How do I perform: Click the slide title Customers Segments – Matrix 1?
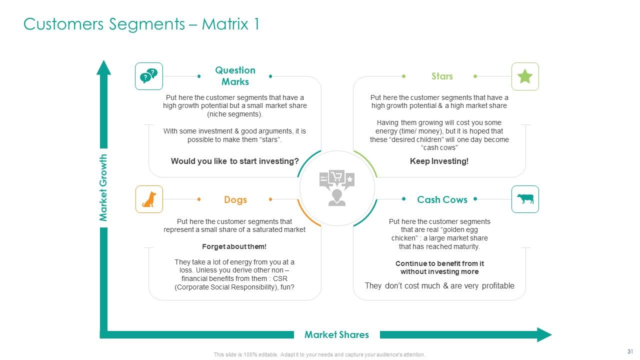tap(141, 24)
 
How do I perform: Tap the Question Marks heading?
tap(235, 76)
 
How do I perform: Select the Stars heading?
tap(442, 76)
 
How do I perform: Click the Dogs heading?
tap(235, 199)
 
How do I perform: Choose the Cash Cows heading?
tap(442, 199)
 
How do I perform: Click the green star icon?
tap(525, 76)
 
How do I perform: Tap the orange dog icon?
tap(149, 199)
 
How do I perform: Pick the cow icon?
tap(525, 199)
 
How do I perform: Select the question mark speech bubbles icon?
tap(149, 76)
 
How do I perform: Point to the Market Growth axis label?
tap(104, 188)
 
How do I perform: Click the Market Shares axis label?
tap(336, 334)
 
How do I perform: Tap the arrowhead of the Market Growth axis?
tap(103, 68)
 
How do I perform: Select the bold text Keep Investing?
tap(439, 161)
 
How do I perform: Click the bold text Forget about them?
tap(234, 246)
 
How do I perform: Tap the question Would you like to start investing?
tap(234, 161)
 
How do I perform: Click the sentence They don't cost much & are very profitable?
tap(439, 285)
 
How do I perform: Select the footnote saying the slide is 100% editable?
tap(319, 354)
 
